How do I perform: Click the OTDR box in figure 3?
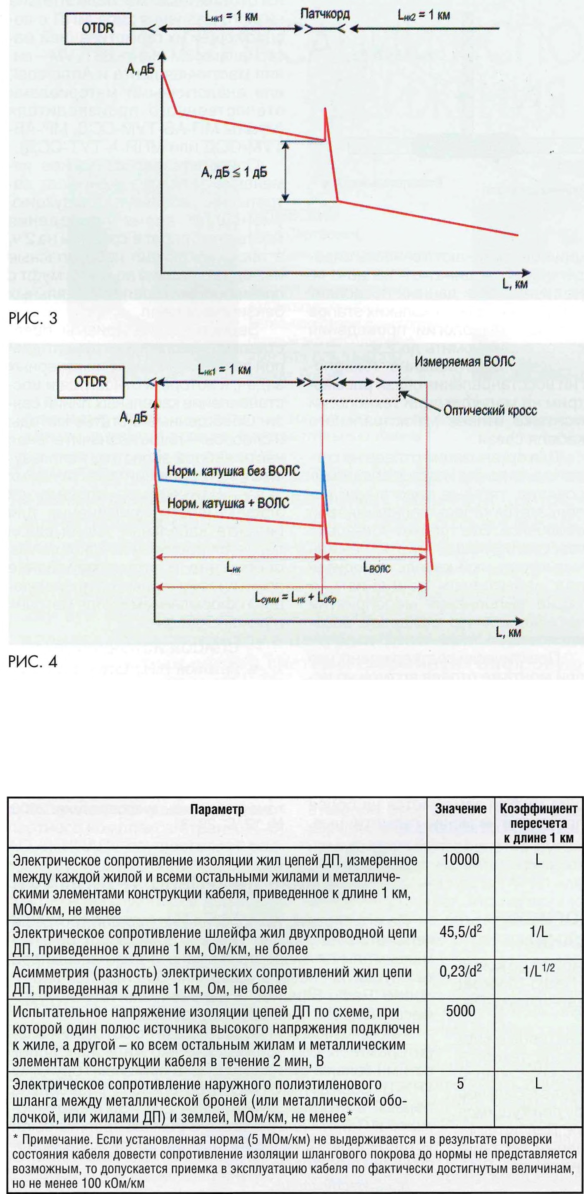tap(98, 29)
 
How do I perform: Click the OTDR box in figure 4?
tap(91, 382)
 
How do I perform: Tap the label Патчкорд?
tap(325, 14)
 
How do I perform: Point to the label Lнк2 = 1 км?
tap(424, 15)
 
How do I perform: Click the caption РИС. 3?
tap(33, 318)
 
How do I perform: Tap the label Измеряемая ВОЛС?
tap(464, 361)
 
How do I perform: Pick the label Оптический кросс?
tap(490, 410)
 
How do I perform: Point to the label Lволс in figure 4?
tap(376, 568)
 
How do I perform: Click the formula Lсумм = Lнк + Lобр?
tap(295, 597)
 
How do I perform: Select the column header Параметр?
tap(217, 810)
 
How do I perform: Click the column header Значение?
tap(460, 809)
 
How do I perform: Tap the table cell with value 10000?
tap(460, 860)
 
